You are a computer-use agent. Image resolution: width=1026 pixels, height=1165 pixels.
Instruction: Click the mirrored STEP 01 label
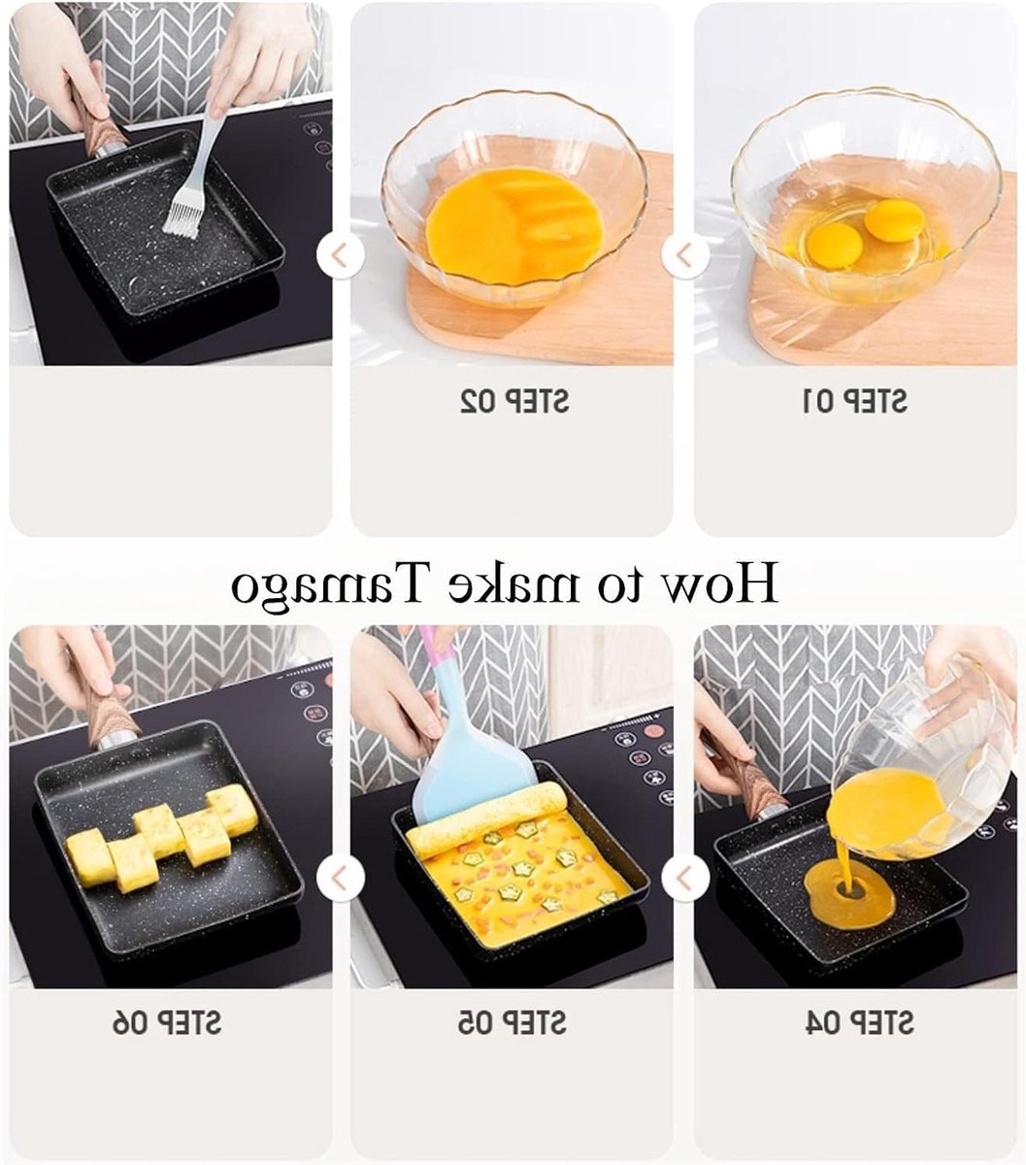click(x=854, y=401)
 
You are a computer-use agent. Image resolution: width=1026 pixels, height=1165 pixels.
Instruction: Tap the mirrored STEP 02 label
click(x=514, y=401)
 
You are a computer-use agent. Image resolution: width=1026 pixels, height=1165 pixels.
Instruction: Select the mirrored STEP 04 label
click(x=858, y=1023)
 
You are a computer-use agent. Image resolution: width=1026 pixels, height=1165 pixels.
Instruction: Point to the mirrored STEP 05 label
click(x=512, y=1023)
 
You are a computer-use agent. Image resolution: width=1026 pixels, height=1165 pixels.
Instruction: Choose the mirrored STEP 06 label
click(x=166, y=1023)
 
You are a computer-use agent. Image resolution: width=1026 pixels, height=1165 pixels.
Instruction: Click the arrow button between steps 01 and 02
click(x=684, y=255)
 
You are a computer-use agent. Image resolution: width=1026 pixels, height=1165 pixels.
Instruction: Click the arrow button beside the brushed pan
click(x=341, y=255)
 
